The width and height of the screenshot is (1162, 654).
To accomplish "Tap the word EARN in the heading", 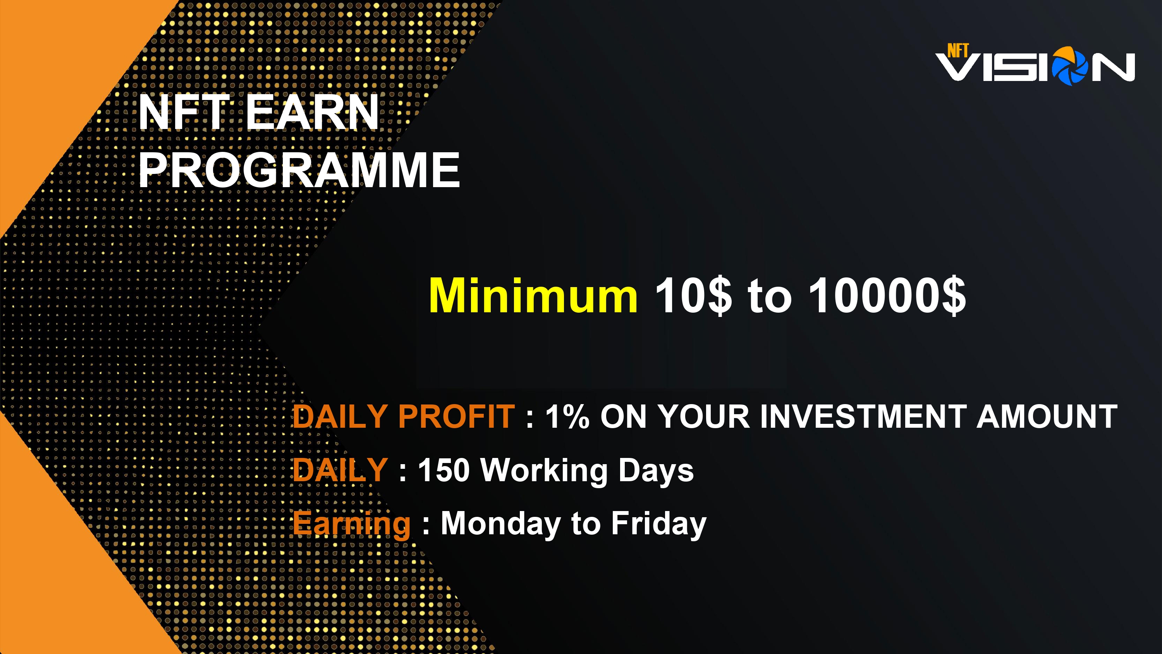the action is (x=312, y=112).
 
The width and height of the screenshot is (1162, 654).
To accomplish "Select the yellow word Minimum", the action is (x=533, y=295).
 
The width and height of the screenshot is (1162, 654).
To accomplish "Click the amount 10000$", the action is (x=887, y=296).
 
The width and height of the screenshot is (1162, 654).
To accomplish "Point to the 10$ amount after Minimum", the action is (x=693, y=296).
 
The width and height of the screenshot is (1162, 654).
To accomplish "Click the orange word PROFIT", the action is (x=456, y=416).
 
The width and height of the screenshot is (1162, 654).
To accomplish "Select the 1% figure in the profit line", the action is (x=567, y=416).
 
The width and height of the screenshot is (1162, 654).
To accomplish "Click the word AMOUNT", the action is (x=1047, y=416).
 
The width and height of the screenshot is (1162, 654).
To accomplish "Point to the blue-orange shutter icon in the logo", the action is (x=1069, y=66).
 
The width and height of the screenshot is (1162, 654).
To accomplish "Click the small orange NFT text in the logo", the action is (x=957, y=50).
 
